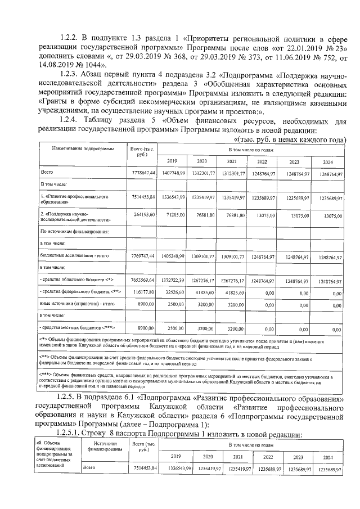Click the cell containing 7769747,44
[142, 256]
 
